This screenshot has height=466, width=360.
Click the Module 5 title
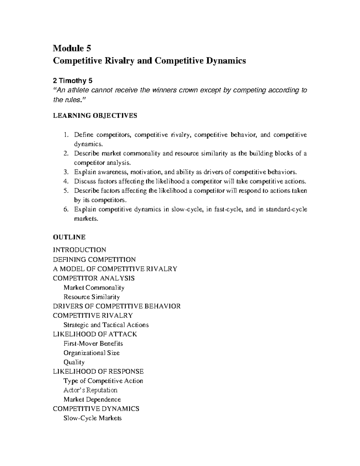(72, 48)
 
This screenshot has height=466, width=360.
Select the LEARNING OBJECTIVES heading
(95, 116)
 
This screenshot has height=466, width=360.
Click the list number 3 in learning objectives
(66, 172)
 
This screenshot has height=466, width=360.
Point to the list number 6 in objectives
(66, 209)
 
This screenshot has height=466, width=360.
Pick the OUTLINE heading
(69, 237)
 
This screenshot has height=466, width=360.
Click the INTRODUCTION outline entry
(79, 250)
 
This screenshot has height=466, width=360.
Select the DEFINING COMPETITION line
(94, 259)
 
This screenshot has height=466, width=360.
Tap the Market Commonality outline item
(94, 287)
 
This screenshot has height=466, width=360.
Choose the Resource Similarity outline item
(91, 297)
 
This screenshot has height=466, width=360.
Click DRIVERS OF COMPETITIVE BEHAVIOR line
(117, 306)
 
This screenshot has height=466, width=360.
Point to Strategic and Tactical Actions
(106, 325)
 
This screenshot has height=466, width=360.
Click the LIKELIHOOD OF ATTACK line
(95, 334)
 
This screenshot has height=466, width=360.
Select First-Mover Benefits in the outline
(93, 343)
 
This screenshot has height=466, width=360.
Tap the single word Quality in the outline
(74, 362)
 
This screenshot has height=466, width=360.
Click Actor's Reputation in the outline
(90, 390)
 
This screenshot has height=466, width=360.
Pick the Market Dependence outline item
(92, 399)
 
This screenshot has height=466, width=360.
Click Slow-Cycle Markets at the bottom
(93, 418)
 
